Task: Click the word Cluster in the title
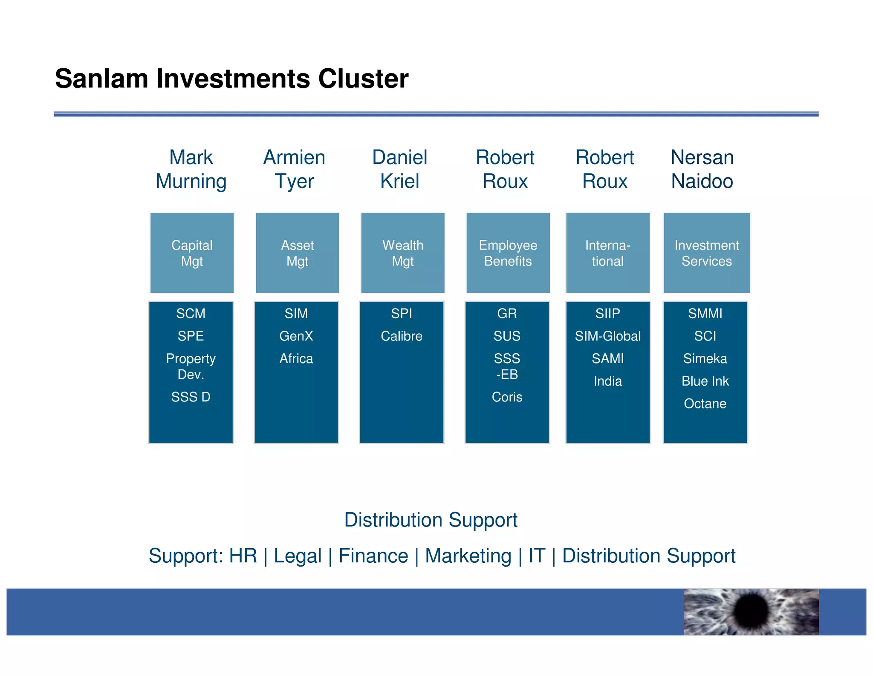point(363,79)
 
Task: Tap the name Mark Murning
point(191,169)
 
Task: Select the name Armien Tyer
point(294,169)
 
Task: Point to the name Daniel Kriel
point(399,169)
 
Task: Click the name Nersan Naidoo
point(702,169)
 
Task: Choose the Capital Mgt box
point(192,253)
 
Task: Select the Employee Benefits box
point(508,253)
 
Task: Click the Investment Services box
point(706,253)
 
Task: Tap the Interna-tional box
point(607,253)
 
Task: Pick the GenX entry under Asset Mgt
point(296,336)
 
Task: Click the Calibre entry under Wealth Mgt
point(401,336)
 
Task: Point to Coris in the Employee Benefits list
point(507,397)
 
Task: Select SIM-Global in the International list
point(607,336)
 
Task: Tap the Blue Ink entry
point(705,381)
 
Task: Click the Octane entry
point(705,404)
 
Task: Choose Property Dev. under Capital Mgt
point(191,367)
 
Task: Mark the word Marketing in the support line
point(468,556)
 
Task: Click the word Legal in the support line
point(298,556)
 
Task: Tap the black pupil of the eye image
point(751,611)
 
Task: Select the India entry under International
point(607,381)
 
